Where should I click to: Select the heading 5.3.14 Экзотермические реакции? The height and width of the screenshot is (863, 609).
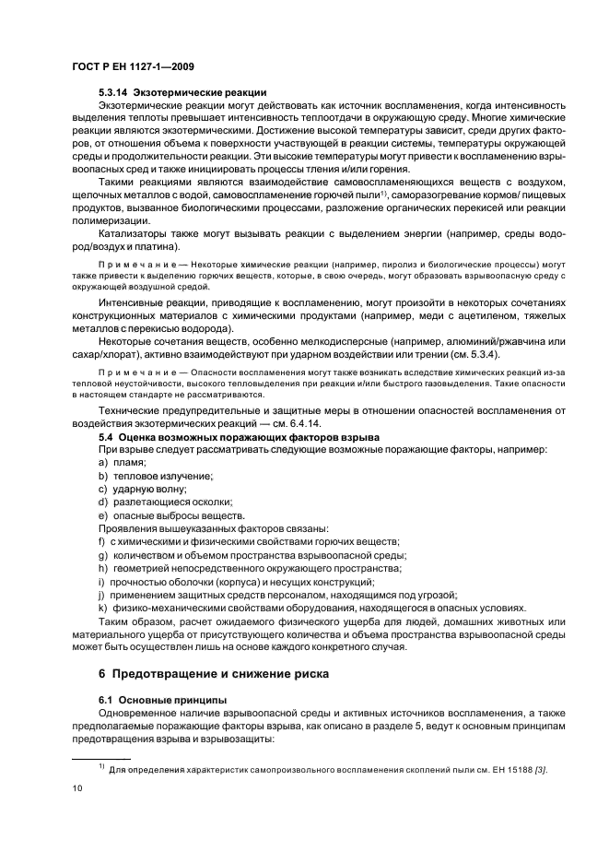(182, 92)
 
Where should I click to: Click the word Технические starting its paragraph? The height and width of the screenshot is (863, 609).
(132, 408)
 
